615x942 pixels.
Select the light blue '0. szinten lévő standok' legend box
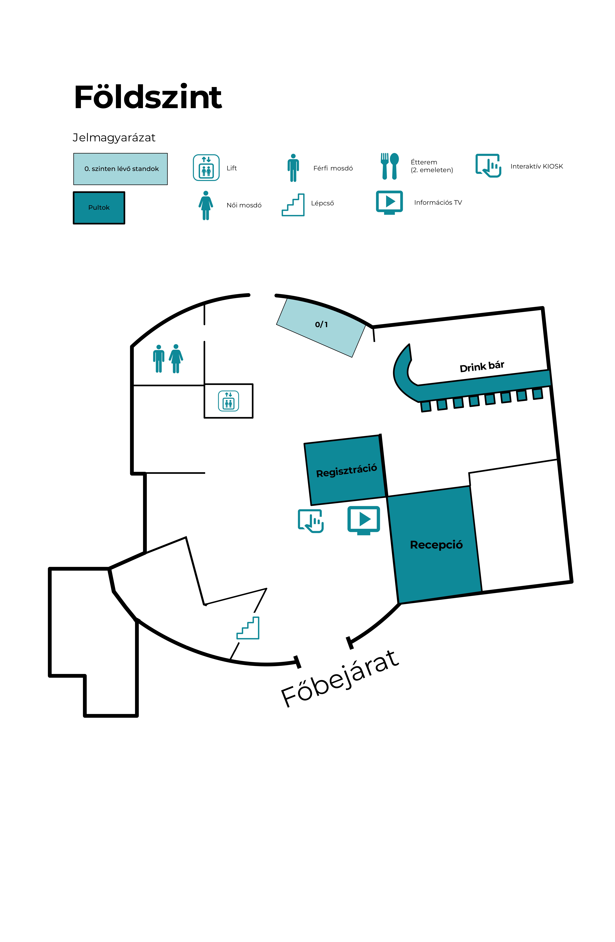(120, 169)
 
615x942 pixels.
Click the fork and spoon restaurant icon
(389, 166)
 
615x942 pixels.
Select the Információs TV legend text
(438, 203)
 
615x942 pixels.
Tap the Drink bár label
(482, 367)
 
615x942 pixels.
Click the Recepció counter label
(436, 545)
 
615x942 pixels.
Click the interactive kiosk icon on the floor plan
(311, 521)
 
